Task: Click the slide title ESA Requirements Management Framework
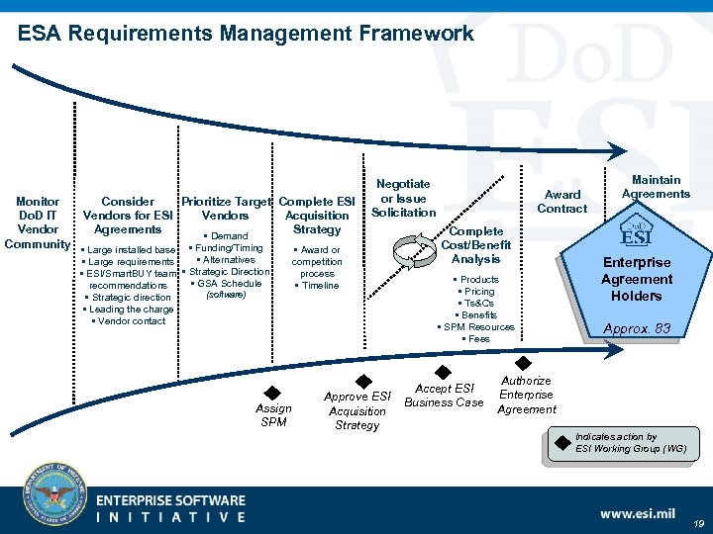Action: point(246,34)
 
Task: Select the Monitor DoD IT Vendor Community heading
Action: point(38,222)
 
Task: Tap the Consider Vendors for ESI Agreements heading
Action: point(128,216)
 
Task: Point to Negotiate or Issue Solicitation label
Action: point(403,198)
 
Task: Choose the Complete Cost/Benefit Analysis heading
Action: point(475,245)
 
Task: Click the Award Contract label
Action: point(562,202)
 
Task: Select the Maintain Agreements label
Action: point(656,187)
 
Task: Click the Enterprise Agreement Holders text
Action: point(636,279)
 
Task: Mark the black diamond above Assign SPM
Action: point(273,393)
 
